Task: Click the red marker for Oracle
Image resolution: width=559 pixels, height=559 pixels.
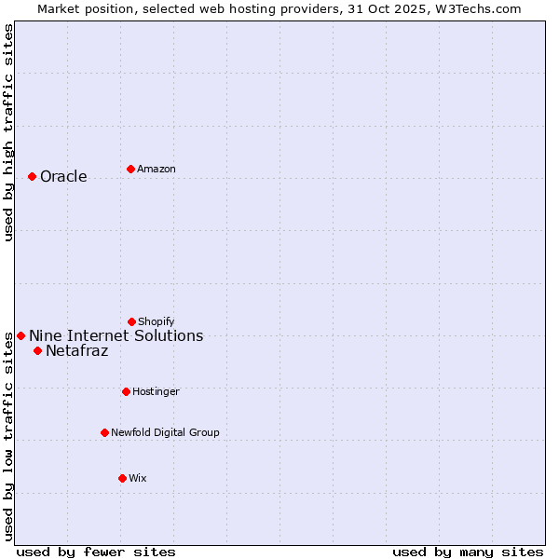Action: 32,176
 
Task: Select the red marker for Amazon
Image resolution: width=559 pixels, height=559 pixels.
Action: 130,169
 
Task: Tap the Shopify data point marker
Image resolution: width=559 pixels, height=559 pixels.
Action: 131,321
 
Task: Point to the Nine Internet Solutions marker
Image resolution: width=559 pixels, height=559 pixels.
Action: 20,335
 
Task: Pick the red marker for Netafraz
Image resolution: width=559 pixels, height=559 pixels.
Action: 37,350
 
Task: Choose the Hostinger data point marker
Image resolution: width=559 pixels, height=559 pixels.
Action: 126,391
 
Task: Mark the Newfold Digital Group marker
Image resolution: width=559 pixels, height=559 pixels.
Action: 104,432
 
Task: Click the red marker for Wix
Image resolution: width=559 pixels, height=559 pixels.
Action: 122,478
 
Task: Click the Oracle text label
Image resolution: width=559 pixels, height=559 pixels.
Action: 63,177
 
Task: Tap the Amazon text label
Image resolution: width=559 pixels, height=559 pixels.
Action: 157,170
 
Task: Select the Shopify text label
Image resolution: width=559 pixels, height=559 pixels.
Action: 157,322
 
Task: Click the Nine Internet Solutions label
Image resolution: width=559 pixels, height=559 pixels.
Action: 116,336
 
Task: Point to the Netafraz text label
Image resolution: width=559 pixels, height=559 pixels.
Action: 76,351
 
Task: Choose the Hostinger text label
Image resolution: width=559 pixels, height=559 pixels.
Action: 156,392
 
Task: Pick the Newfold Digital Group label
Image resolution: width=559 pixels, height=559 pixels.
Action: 165,433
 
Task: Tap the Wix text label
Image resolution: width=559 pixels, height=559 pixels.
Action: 138,479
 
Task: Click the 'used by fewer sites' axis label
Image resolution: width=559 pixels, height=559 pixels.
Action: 96,552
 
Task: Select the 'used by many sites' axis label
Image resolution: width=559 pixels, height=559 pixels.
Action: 468,552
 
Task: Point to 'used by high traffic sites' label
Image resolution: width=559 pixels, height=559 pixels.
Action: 8,133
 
